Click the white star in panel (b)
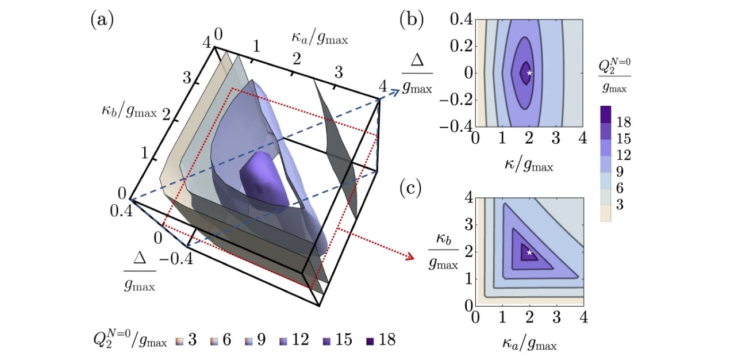[529, 73]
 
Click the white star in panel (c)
[529, 252]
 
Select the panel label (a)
[102, 21]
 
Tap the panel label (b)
[412, 20]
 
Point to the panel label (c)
[410, 190]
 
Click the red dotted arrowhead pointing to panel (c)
[410, 256]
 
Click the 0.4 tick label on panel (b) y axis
[461, 20]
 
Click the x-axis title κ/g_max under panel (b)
[529, 164]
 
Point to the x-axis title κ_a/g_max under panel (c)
[529, 344]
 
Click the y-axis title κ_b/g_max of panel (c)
[443, 252]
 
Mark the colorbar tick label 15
[624, 139]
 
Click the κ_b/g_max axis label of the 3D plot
[129, 112]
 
